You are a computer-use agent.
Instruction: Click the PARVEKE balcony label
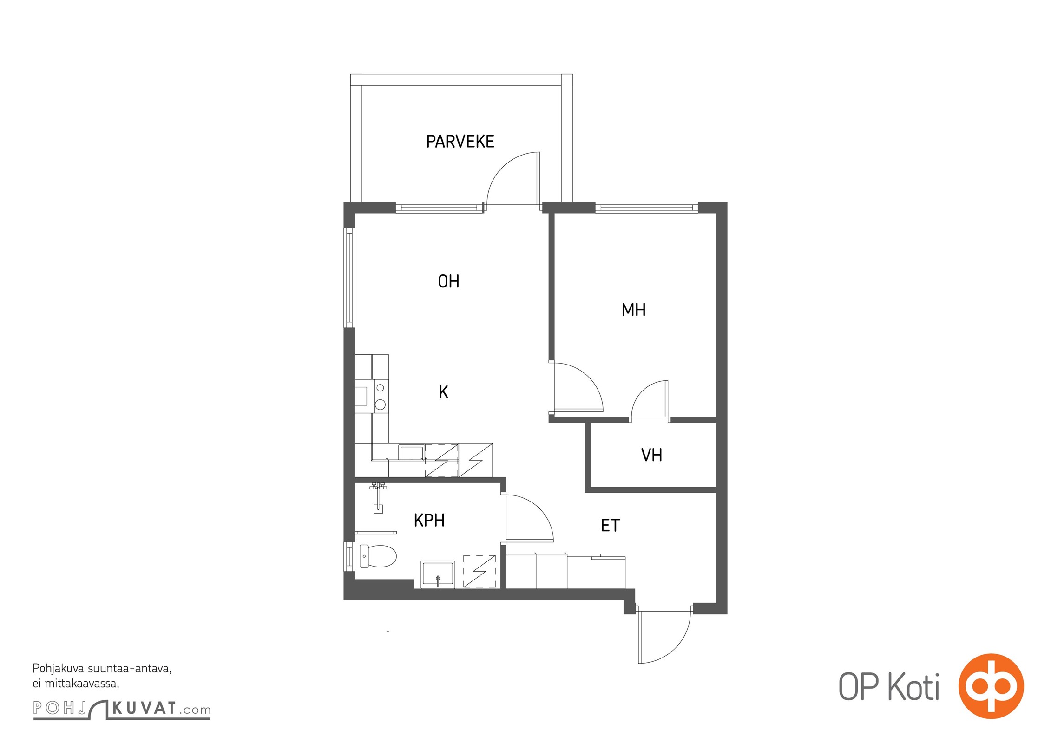[x=460, y=142]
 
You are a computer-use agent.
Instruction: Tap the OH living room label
[x=448, y=281]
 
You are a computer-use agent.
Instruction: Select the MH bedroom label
[x=633, y=310]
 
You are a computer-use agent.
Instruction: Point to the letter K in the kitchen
[x=443, y=392]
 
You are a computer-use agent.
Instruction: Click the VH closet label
[x=651, y=455]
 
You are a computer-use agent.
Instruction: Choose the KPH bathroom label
[x=429, y=521]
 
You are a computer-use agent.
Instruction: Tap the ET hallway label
[x=610, y=526]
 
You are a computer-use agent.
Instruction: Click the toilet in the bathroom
[x=378, y=556]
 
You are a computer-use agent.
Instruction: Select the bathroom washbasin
[x=438, y=574]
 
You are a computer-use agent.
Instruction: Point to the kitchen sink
[x=412, y=452]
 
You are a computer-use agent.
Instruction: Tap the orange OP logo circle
[x=991, y=686]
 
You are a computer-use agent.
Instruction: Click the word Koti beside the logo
[x=913, y=687]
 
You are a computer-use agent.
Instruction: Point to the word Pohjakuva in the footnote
[x=58, y=669]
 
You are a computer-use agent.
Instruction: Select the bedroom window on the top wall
[x=646, y=208]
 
